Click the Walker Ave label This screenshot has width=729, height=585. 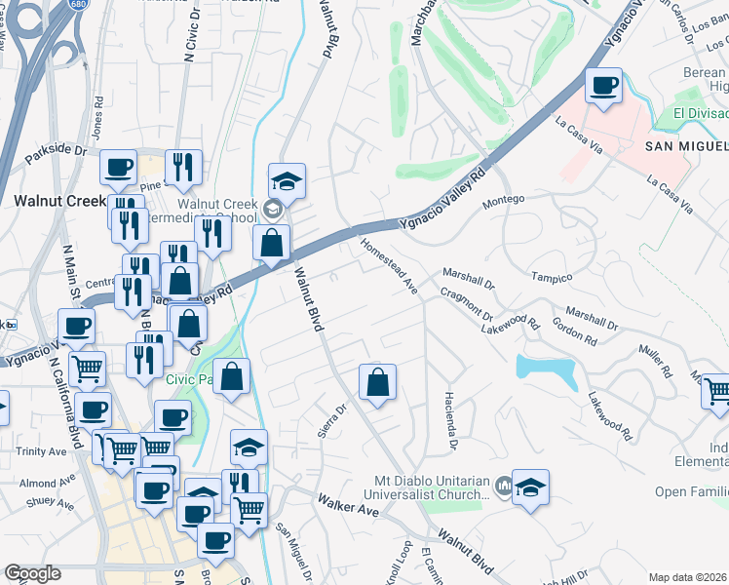(x=347, y=505)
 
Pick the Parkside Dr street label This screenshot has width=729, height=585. (x=57, y=153)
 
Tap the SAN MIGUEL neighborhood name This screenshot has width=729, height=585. (x=686, y=146)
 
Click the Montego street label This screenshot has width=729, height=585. (x=505, y=199)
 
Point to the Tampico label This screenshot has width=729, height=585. (x=551, y=277)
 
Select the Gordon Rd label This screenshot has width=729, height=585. (x=573, y=330)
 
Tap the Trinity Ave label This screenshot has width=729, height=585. (x=41, y=451)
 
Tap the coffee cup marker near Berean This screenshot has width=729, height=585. (x=603, y=86)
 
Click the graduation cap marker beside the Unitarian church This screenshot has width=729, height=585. (x=530, y=487)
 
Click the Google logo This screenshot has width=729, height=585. (x=33, y=573)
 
